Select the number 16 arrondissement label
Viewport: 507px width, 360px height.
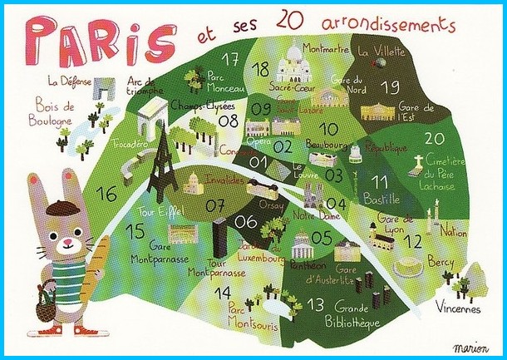click(x=107, y=195)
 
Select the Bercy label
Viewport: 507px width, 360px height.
click(x=441, y=262)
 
